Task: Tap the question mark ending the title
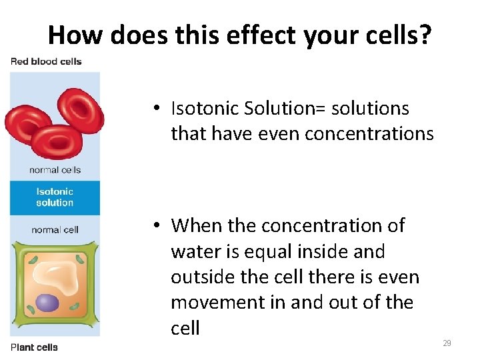(425, 34)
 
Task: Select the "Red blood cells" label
(46, 61)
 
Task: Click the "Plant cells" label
(34, 347)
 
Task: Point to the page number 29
(447, 343)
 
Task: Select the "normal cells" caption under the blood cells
(55, 170)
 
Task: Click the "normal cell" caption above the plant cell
(55, 230)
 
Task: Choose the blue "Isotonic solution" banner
(55, 197)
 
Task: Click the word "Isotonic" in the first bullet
(205, 108)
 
